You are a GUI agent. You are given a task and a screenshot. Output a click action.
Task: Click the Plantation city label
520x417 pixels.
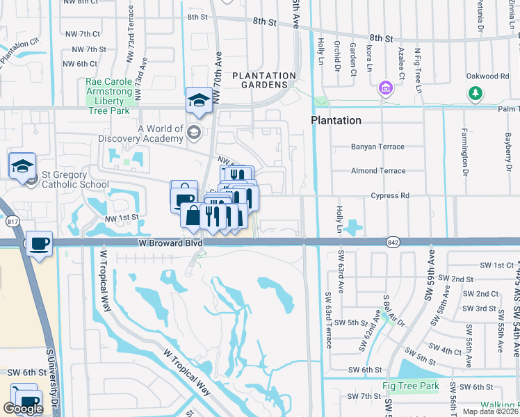pos(336,120)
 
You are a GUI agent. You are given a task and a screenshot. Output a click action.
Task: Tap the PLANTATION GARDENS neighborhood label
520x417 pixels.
pos(264,81)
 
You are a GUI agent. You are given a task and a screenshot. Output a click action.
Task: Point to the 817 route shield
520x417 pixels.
pos(13,222)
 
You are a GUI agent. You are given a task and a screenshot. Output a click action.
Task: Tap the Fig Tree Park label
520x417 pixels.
pos(411,386)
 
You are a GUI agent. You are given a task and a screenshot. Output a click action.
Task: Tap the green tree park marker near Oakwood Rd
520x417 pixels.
pos(476,93)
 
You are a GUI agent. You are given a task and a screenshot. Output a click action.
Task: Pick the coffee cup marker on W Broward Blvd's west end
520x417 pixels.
pos(40,243)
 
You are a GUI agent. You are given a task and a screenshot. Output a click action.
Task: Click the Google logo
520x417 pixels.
pos(23,409)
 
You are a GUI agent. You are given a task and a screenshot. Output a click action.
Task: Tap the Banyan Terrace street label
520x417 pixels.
pos(377,147)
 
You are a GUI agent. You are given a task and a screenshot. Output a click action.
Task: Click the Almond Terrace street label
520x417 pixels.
pos(378,170)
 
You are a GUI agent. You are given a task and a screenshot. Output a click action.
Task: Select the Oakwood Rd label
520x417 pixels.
pos(488,76)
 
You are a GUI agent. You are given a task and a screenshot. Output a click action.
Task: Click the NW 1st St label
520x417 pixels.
pos(122,218)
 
